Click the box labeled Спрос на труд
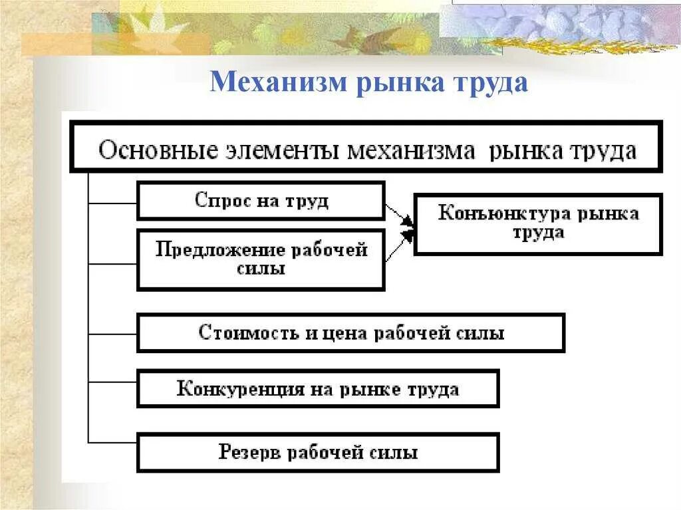pos(261,201)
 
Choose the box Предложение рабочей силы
pos(261,259)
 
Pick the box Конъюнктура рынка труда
pos(538,224)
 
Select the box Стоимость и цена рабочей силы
pos(350,333)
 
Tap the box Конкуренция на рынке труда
pos(317,389)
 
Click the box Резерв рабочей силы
pos(317,453)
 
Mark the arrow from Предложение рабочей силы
pos(398,246)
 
